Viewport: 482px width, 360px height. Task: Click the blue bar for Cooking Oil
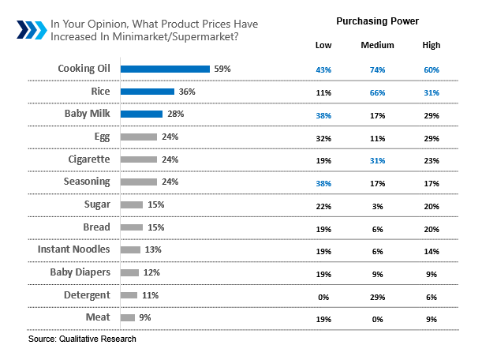point(165,69)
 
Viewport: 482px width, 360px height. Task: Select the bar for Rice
point(147,92)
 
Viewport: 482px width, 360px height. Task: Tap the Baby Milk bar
point(141,114)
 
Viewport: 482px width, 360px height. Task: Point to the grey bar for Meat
point(127,317)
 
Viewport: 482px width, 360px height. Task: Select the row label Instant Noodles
point(73,249)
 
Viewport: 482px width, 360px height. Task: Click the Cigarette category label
point(86,159)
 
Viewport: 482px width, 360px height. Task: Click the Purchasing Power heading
point(377,20)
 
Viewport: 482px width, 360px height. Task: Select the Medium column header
point(377,45)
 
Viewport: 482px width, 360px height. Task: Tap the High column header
point(431,45)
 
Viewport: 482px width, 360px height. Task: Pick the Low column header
point(323,45)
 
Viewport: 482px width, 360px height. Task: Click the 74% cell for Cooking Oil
point(377,69)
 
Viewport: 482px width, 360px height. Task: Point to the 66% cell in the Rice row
point(377,92)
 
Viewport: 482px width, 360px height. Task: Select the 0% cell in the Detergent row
point(323,295)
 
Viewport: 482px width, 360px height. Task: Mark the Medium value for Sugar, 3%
point(377,205)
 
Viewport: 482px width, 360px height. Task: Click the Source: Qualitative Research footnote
point(82,339)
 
